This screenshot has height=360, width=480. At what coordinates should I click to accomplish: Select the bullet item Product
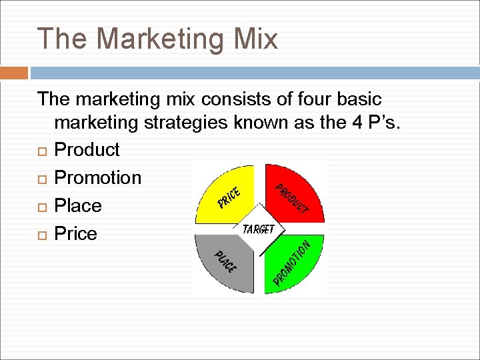pos(87,149)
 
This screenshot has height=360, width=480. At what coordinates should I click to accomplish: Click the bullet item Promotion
pos(97,177)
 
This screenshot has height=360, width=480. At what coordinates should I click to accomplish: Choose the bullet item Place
pos(78,205)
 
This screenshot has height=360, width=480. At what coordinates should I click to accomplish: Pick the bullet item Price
pos(75,233)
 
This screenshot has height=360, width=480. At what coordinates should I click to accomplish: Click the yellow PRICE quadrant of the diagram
pos(230,193)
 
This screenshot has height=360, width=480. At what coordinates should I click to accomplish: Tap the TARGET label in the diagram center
pos(259,229)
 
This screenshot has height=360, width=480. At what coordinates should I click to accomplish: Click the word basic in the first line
pos(359,99)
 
